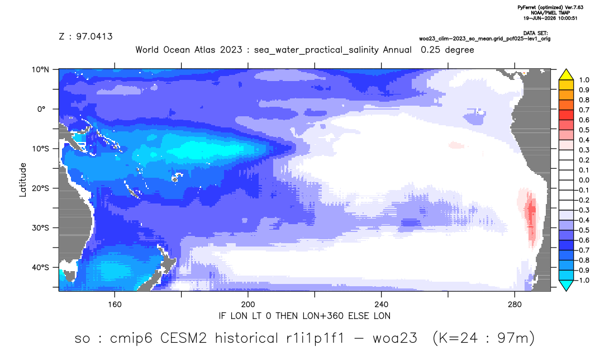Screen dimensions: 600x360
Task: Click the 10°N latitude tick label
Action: pyautogui.click(x=40, y=70)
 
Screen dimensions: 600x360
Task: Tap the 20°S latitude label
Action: pyautogui.click(x=40, y=188)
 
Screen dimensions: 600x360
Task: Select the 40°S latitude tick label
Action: pyautogui.click(x=40, y=267)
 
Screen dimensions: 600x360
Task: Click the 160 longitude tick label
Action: pyautogui.click(x=115, y=305)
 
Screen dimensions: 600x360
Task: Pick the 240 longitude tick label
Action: pyautogui.click(x=382, y=305)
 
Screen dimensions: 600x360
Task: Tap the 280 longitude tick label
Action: pyautogui.click(x=515, y=305)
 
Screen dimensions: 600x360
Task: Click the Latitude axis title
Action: pyautogui.click(x=23, y=180)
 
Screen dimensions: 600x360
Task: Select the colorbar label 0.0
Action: pyautogui.click(x=584, y=180)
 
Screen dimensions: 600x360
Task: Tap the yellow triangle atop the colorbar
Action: pyautogui.click(x=566, y=75)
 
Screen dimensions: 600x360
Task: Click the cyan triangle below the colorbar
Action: pyautogui.click(x=566, y=285)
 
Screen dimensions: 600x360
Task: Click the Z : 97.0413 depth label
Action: pyautogui.click(x=85, y=36)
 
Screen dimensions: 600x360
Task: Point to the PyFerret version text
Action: pyautogui.click(x=550, y=7)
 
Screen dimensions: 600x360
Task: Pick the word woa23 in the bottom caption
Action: pyautogui.click(x=394, y=338)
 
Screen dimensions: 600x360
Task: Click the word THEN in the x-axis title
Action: pyautogui.click(x=286, y=316)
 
